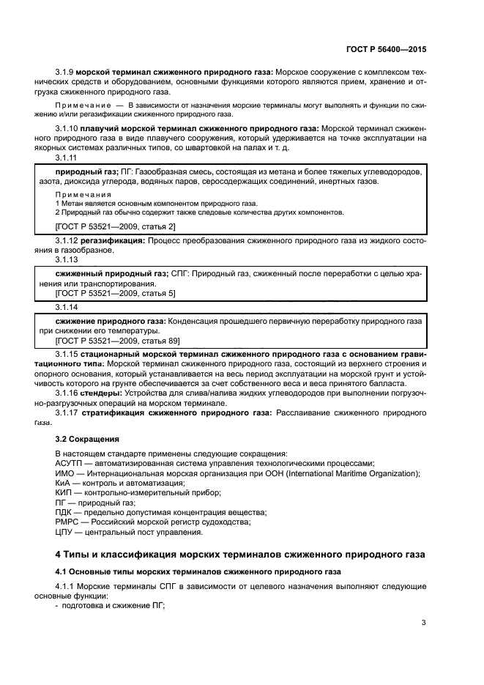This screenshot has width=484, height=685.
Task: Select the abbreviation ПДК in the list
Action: point(64,512)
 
